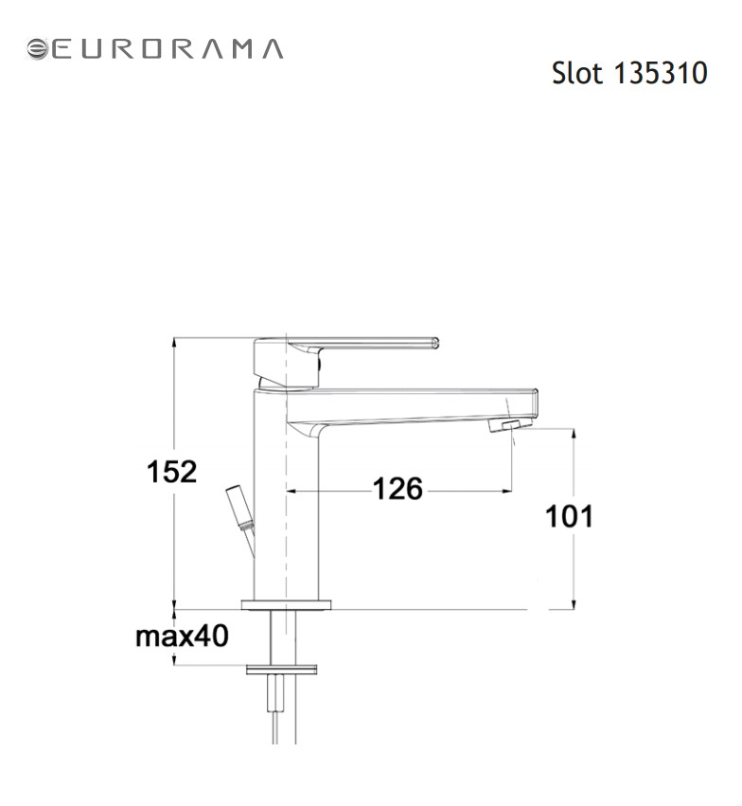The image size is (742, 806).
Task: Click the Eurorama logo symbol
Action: coord(39,49)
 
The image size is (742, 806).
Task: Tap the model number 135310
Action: coord(661,73)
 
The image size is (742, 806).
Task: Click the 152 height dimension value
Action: coord(170,472)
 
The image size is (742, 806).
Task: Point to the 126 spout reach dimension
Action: coord(397,490)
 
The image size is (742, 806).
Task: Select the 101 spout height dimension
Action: coord(569,516)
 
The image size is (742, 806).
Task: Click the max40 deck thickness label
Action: coord(182,636)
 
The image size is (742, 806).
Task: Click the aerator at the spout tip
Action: coord(505,426)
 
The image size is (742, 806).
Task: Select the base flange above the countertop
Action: coord(288,604)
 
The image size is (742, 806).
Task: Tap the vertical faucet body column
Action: coord(288,502)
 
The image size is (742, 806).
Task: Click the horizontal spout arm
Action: coord(416,403)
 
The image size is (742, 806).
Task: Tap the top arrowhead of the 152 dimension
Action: coord(174,344)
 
